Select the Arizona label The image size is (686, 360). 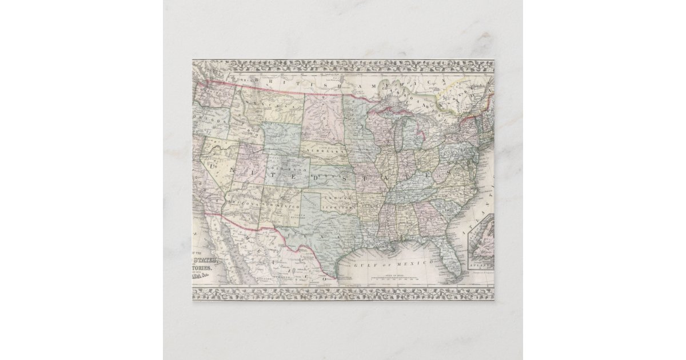tap(245, 204)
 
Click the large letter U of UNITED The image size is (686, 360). tap(216, 165)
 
